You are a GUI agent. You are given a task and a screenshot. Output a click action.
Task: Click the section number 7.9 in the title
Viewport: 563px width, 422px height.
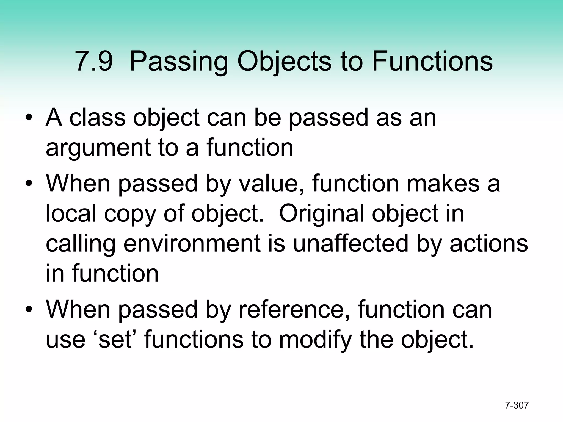pyautogui.click(x=93, y=62)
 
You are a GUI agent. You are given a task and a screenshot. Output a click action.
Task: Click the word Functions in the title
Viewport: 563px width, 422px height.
pyautogui.click(x=432, y=62)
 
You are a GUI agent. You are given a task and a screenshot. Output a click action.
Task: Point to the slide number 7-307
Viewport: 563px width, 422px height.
pyautogui.click(x=517, y=405)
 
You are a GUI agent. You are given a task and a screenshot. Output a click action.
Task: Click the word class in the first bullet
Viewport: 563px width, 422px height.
pyautogui.click(x=97, y=118)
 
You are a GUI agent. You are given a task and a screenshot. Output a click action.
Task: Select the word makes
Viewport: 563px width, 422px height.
pyautogui.click(x=443, y=183)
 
